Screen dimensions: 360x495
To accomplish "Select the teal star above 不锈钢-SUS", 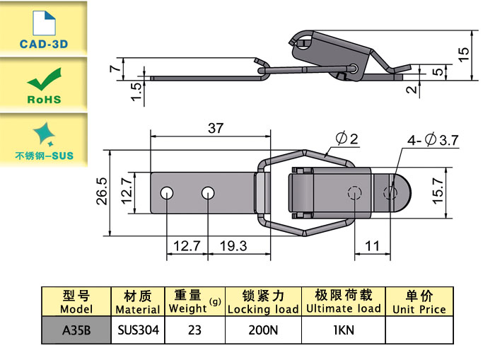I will click(x=44, y=133).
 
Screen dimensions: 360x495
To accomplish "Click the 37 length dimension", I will click(x=216, y=128).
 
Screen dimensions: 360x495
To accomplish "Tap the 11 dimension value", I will click(x=372, y=246).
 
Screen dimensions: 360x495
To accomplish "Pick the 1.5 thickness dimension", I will click(x=136, y=90).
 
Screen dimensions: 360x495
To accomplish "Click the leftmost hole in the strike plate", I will click(x=167, y=192).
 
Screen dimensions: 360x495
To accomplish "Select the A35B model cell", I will click(x=76, y=330).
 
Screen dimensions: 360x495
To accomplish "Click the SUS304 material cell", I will click(x=138, y=330).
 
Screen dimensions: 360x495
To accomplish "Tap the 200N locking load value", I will click(x=263, y=330).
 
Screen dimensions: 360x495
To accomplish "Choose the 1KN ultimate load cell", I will click(x=343, y=330).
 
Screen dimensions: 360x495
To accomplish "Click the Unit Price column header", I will click(x=419, y=302).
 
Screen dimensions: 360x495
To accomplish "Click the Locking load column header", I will click(x=263, y=302).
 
